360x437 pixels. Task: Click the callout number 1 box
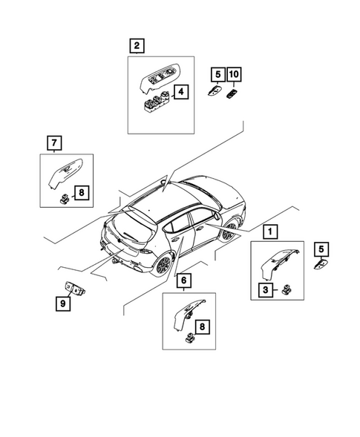[270, 231]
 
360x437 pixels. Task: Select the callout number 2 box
[137, 45]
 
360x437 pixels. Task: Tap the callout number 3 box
[266, 290]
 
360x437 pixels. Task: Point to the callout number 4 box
[181, 91]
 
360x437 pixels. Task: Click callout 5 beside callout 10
[217, 74]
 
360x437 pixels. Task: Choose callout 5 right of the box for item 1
[321, 249]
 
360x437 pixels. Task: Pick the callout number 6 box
[184, 280]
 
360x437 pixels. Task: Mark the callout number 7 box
[54, 143]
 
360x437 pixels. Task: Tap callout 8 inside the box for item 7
[82, 192]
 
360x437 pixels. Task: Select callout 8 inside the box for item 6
[202, 326]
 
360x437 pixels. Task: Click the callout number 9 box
[63, 303]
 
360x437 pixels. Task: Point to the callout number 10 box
[234, 74]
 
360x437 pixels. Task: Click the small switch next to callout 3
[287, 290]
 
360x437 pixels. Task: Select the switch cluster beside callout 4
[157, 102]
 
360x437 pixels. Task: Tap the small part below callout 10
[232, 94]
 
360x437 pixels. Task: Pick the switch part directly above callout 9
[74, 289]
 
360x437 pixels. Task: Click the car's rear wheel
[163, 264]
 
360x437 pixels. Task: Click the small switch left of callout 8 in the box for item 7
[64, 199]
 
